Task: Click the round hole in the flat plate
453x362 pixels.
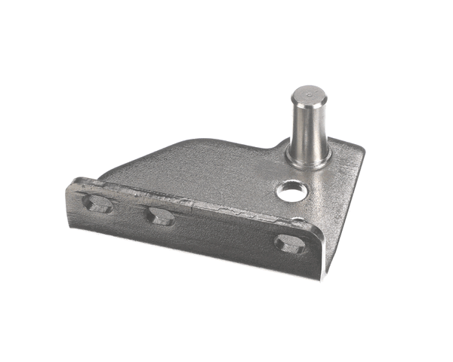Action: coord(289,192)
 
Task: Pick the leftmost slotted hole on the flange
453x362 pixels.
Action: coord(99,204)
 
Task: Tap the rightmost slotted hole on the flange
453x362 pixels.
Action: coord(290,244)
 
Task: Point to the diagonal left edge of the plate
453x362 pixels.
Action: coord(132,162)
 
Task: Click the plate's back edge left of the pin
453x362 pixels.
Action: coord(234,141)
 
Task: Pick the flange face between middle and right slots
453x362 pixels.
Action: coord(226,234)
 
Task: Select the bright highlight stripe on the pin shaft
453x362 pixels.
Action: coord(301,124)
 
